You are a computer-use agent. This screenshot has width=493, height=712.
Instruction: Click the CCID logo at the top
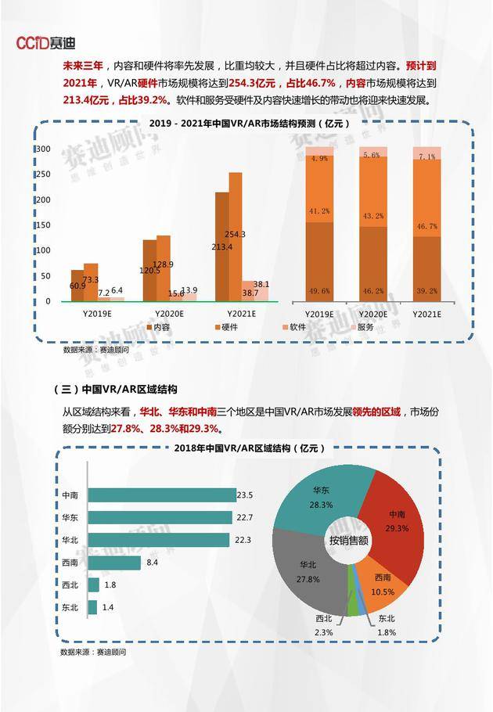coord(46,42)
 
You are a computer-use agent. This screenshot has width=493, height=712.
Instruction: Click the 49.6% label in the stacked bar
coord(319,290)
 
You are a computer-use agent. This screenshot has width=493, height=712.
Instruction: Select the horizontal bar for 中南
coord(161,495)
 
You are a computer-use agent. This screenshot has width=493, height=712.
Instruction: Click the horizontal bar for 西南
coord(114,562)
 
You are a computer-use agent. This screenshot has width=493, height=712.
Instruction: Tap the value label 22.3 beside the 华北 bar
coord(243,540)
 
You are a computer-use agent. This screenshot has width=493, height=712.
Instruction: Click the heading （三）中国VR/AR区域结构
coord(115,389)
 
